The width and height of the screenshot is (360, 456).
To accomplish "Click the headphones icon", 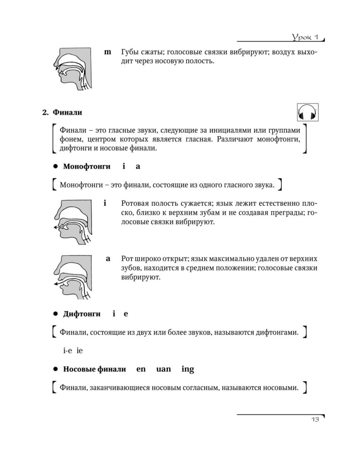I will [308, 114].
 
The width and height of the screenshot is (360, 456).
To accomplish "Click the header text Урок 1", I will [304, 37].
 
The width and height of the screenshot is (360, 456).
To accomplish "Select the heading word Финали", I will [67, 112].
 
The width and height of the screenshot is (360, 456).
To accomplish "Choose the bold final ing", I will [187, 370].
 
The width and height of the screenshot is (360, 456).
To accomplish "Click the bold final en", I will [141, 370].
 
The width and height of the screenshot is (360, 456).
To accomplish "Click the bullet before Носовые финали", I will [55, 370].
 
